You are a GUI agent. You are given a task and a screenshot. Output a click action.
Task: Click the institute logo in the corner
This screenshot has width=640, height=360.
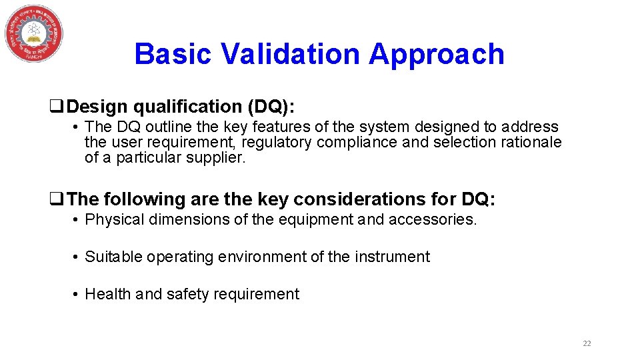pyautogui.click(x=34, y=33)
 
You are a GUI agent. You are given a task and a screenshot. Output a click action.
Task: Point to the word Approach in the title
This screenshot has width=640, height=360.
pyautogui.click(x=437, y=54)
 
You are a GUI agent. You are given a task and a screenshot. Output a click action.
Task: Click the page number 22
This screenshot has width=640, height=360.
pyautogui.click(x=587, y=343)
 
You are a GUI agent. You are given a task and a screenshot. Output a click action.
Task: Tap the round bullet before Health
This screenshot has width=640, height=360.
pyautogui.click(x=77, y=295)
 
